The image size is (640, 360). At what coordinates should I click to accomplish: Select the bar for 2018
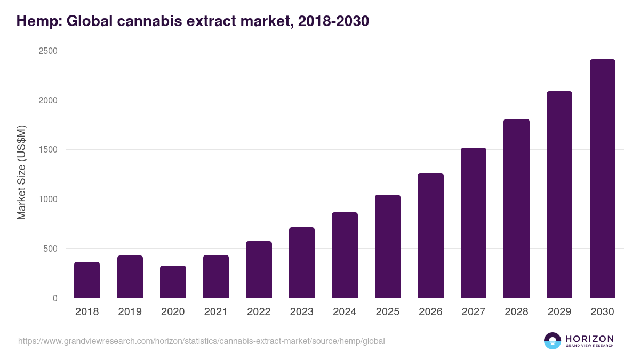(x=87, y=280)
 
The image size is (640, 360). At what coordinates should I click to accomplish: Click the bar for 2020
(x=173, y=282)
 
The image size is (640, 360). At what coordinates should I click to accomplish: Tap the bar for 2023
(x=302, y=262)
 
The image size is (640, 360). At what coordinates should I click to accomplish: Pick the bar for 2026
(x=430, y=235)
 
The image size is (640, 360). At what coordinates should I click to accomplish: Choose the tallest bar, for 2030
(x=602, y=179)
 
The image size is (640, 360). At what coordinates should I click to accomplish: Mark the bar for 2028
(x=516, y=209)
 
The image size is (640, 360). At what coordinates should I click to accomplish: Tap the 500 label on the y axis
(x=50, y=249)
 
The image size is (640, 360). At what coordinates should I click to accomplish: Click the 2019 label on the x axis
(x=130, y=312)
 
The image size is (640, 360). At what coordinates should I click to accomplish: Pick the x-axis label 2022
(x=259, y=312)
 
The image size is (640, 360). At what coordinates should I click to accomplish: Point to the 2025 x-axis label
(x=387, y=312)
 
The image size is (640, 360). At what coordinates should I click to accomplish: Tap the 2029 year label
(x=559, y=312)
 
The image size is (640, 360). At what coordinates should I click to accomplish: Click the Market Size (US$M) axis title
(x=21, y=172)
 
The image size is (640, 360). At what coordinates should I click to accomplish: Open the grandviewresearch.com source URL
(x=201, y=341)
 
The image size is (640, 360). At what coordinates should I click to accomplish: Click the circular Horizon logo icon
(x=553, y=341)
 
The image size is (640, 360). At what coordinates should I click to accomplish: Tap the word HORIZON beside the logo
(x=589, y=339)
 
